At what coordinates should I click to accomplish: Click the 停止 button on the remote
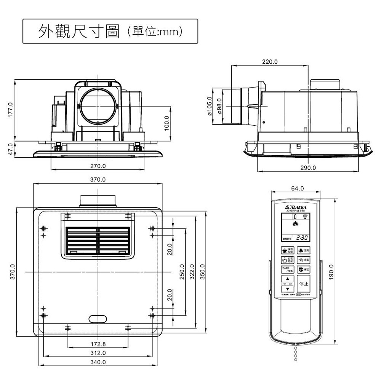click(x=304, y=284)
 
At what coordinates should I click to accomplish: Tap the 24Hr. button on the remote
click(x=288, y=269)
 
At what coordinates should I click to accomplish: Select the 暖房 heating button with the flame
click(x=304, y=250)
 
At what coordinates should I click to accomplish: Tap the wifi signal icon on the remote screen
click(x=304, y=217)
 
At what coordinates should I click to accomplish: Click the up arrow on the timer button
click(x=288, y=279)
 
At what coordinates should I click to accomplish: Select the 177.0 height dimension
click(x=11, y=110)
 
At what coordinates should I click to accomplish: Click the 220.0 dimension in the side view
click(x=270, y=61)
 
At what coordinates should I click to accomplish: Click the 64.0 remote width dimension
click(x=297, y=188)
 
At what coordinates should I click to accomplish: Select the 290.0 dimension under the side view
click(x=308, y=168)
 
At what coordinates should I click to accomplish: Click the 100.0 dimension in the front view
click(x=166, y=123)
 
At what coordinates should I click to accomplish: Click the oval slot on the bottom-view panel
click(x=98, y=319)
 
